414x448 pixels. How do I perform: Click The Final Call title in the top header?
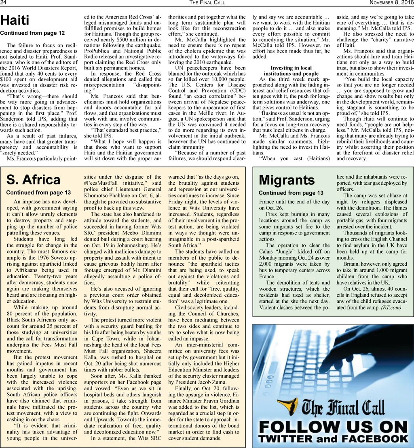coord(207,3)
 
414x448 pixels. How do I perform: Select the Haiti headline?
coord(15,20)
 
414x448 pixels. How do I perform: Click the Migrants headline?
coord(287,180)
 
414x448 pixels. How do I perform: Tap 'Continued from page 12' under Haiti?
coord(32,33)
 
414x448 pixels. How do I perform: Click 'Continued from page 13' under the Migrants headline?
coord(291,193)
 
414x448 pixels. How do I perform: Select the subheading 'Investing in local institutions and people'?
coord(291,71)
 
